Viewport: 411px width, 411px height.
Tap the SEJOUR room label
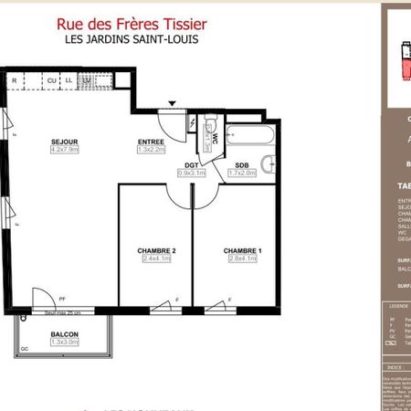click(63, 142)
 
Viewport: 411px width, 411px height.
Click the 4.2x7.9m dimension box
click(64, 152)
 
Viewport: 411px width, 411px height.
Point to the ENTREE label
click(151, 142)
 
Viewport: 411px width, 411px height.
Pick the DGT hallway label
click(191, 164)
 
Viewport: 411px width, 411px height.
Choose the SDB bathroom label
click(242, 164)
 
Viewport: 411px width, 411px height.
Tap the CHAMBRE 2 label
click(156, 250)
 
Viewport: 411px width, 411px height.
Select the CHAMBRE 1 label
click(243, 250)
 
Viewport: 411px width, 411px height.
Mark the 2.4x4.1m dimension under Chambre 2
click(156, 259)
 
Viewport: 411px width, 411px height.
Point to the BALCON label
click(63, 334)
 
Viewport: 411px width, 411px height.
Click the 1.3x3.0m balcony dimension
click(63, 343)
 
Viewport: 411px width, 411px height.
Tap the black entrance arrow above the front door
click(172, 103)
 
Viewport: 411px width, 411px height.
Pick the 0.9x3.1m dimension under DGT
click(191, 173)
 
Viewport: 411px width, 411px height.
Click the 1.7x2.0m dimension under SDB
click(242, 173)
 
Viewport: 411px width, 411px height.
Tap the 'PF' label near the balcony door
click(63, 298)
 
